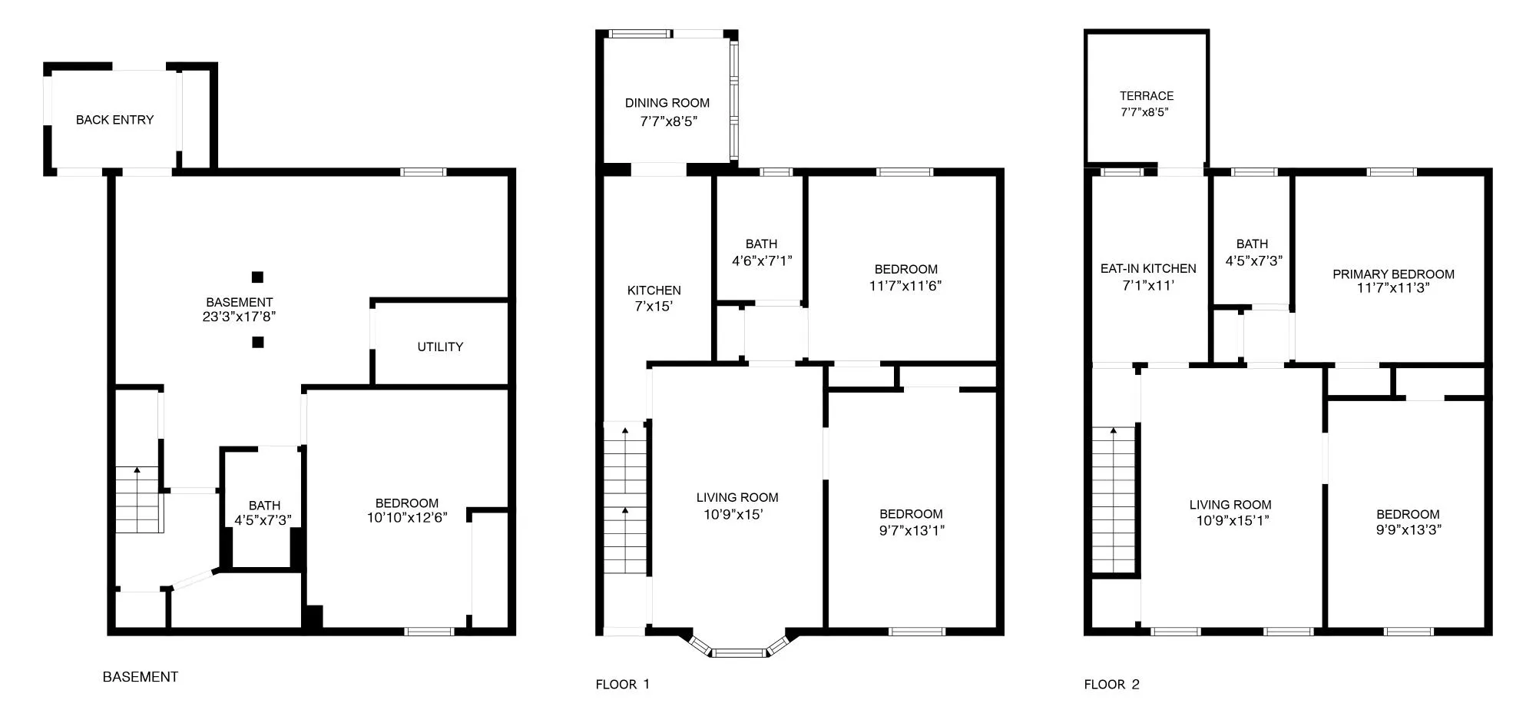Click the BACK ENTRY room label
pyautogui.click(x=114, y=120)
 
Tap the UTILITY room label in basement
pyautogui.click(x=440, y=347)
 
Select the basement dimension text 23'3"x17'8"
pyautogui.click(x=239, y=317)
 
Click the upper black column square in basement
pyautogui.click(x=258, y=277)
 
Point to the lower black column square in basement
pyautogui.click(x=258, y=342)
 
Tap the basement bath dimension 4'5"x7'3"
pyautogui.click(x=264, y=520)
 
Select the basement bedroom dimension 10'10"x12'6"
pyautogui.click(x=407, y=518)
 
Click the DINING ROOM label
pyautogui.click(x=667, y=103)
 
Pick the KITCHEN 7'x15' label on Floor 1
pyautogui.click(x=654, y=298)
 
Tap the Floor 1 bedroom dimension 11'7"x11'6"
pyautogui.click(x=905, y=285)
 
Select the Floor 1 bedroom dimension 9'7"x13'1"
pyautogui.click(x=912, y=529)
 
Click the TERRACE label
pyautogui.click(x=1146, y=96)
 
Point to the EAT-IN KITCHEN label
pyautogui.click(x=1148, y=269)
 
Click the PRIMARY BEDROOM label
pyautogui.click(x=1393, y=274)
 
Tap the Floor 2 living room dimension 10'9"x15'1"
pyautogui.click(x=1230, y=520)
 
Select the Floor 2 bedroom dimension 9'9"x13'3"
pyautogui.click(x=1408, y=529)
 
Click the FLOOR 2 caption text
pyautogui.click(x=1111, y=685)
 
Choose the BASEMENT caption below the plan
pyautogui.click(x=141, y=677)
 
